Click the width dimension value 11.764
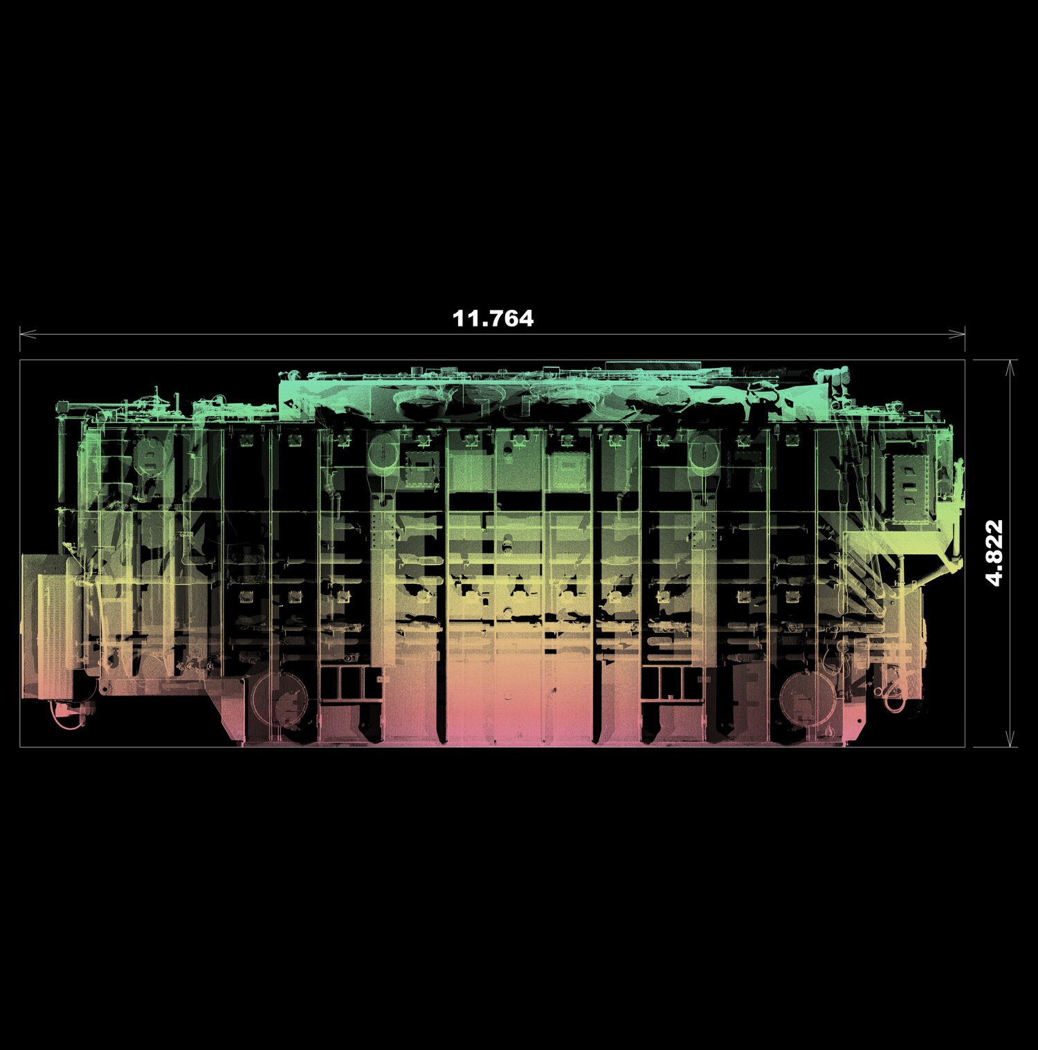click(493, 318)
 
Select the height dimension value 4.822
click(994, 553)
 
